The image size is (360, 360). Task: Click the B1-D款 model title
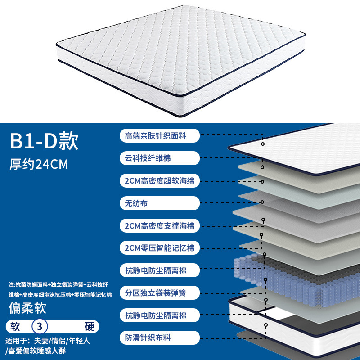pos(45,141)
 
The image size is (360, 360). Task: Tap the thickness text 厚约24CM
pos(39,164)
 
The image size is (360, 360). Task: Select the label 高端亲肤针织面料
pos(159,135)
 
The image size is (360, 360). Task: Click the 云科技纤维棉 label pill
pos(159,158)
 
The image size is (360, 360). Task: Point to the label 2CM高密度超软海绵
pos(159,181)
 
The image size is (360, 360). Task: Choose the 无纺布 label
pos(159,203)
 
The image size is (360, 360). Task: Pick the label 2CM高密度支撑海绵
pos(159,226)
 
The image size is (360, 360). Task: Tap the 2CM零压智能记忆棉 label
pos(159,248)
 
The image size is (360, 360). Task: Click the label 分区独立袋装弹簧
pos(159,293)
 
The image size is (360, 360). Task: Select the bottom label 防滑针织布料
pos(159,337)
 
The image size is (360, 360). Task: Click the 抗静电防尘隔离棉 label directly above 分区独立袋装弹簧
pos(159,270)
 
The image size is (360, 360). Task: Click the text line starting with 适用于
pos(48,341)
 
